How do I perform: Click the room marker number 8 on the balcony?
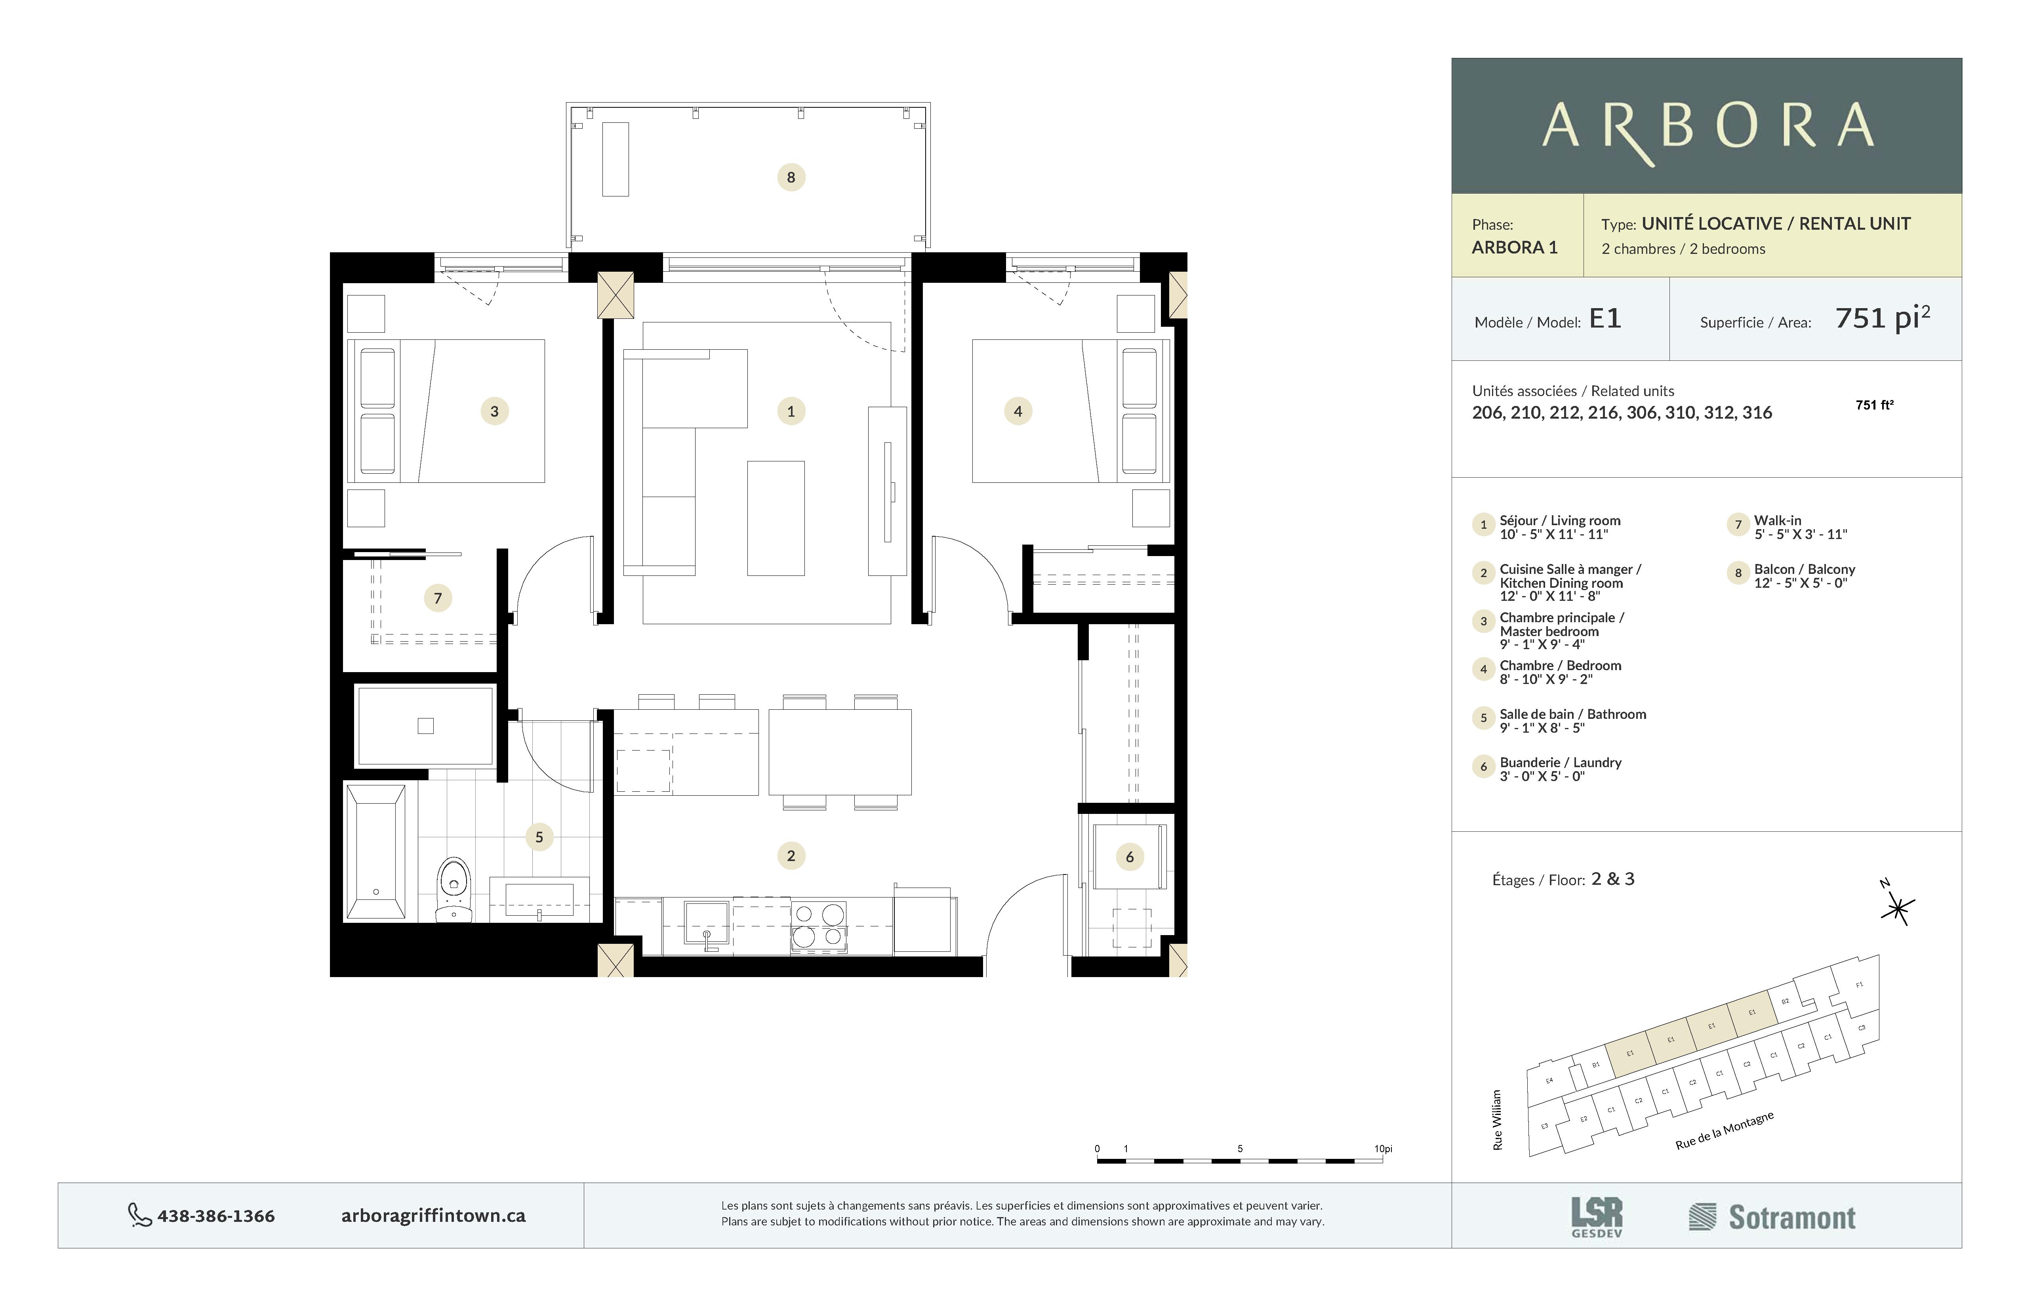791,177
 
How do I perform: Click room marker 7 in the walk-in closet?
438,598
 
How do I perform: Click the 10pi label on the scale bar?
1383,1149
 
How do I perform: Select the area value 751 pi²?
1882,318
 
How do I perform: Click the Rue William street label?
1497,1120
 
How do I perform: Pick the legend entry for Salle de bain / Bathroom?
1572,714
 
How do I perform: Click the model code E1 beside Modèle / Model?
1604,319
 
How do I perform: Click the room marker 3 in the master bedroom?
495,412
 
